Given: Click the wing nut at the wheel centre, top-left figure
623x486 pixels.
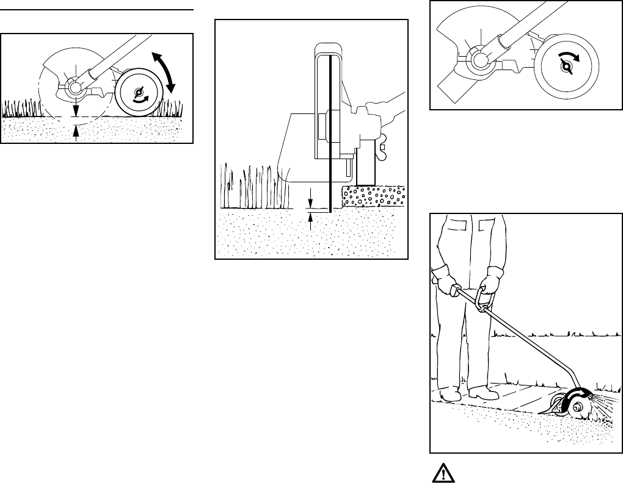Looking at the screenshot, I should (138, 93).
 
